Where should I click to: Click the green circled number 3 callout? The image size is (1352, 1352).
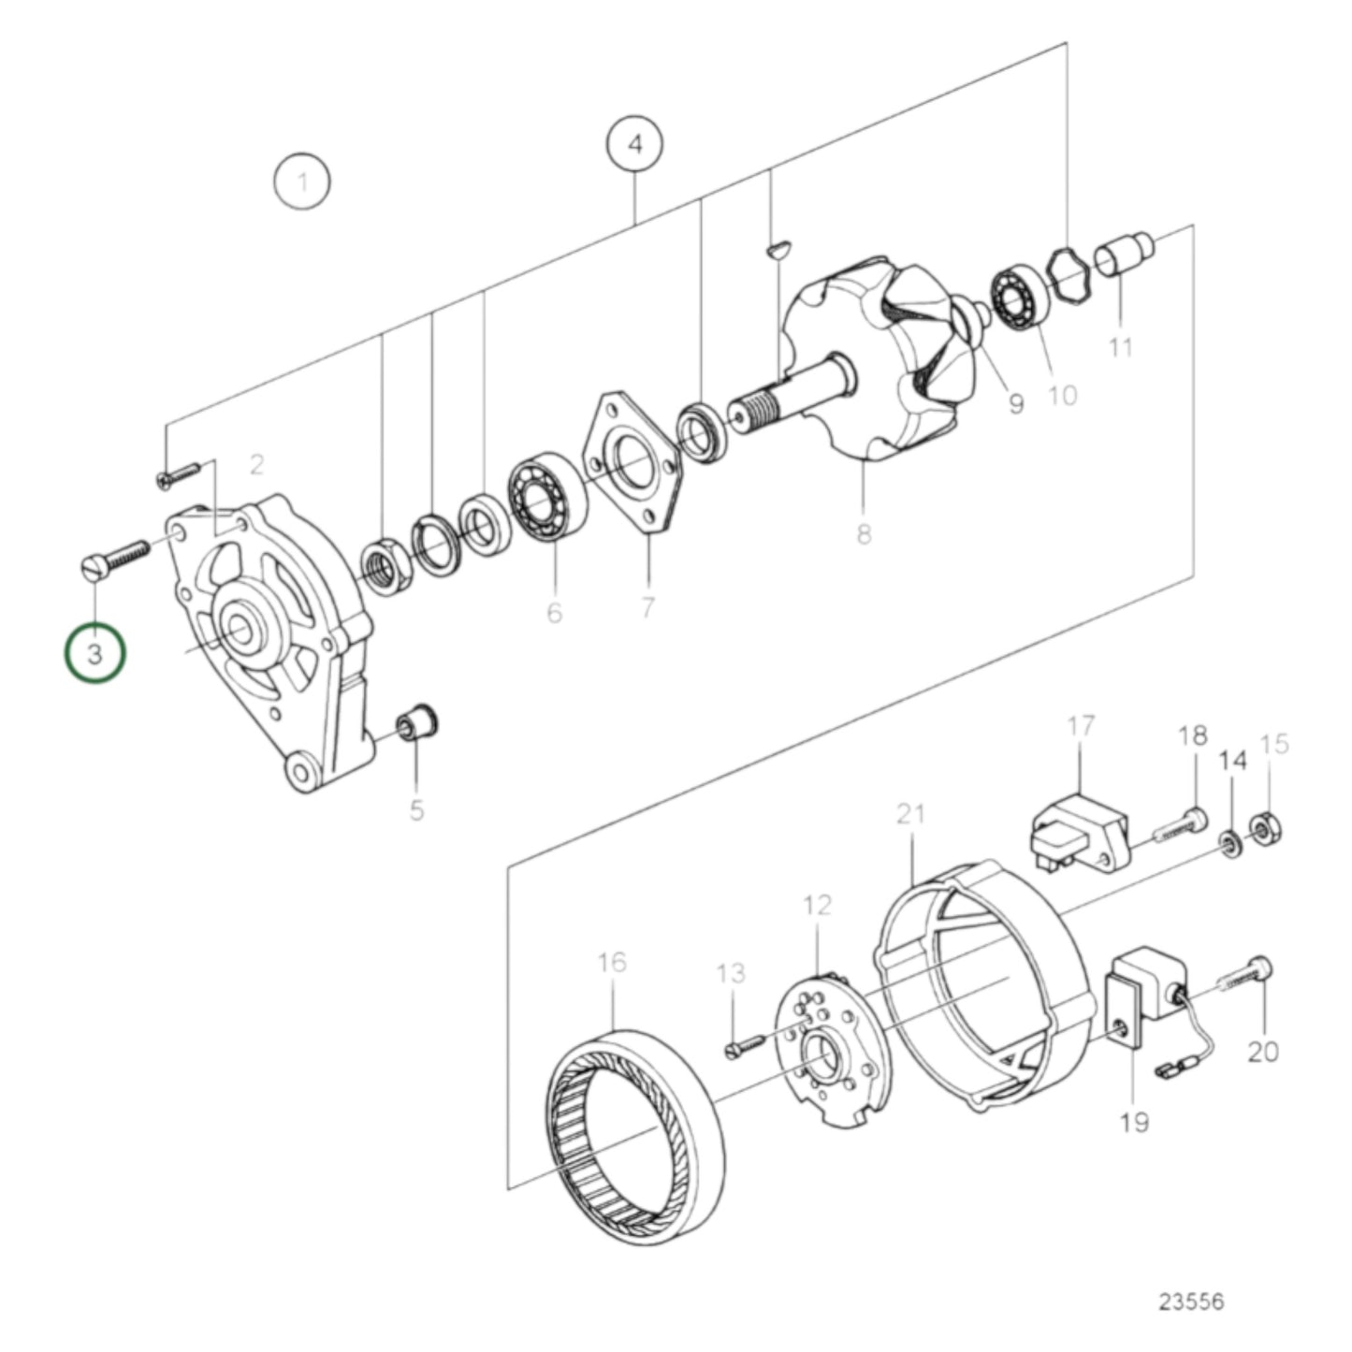(x=94, y=653)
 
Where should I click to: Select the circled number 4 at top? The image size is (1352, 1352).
(x=635, y=145)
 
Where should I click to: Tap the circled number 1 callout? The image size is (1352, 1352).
(x=301, y=182)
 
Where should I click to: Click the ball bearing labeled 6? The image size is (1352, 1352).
(x=546, y=501)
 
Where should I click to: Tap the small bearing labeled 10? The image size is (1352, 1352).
(x=1019, y=298)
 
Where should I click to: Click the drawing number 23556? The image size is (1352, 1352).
(x=1190, y=1301)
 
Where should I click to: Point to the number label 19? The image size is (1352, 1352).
(x=1133, y=1121)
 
